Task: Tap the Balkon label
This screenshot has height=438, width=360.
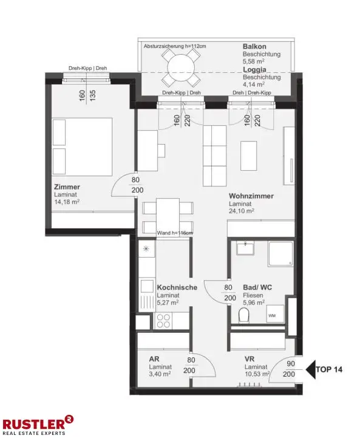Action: click(254, 47)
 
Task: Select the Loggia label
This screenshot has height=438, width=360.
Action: click(255, 70)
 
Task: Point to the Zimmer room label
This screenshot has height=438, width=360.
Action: click(67, 187)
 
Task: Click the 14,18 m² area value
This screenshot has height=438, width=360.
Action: click(67, 202)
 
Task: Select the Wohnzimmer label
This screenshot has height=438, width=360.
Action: click(251, 196)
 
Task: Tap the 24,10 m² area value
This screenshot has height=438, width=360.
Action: click(242, 211)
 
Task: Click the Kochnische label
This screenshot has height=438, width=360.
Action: click(177, 287)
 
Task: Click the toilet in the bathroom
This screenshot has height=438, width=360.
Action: click(245, 315)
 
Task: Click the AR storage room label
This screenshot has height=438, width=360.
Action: click(154, 358)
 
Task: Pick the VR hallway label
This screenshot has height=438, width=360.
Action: click(250, 358)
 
